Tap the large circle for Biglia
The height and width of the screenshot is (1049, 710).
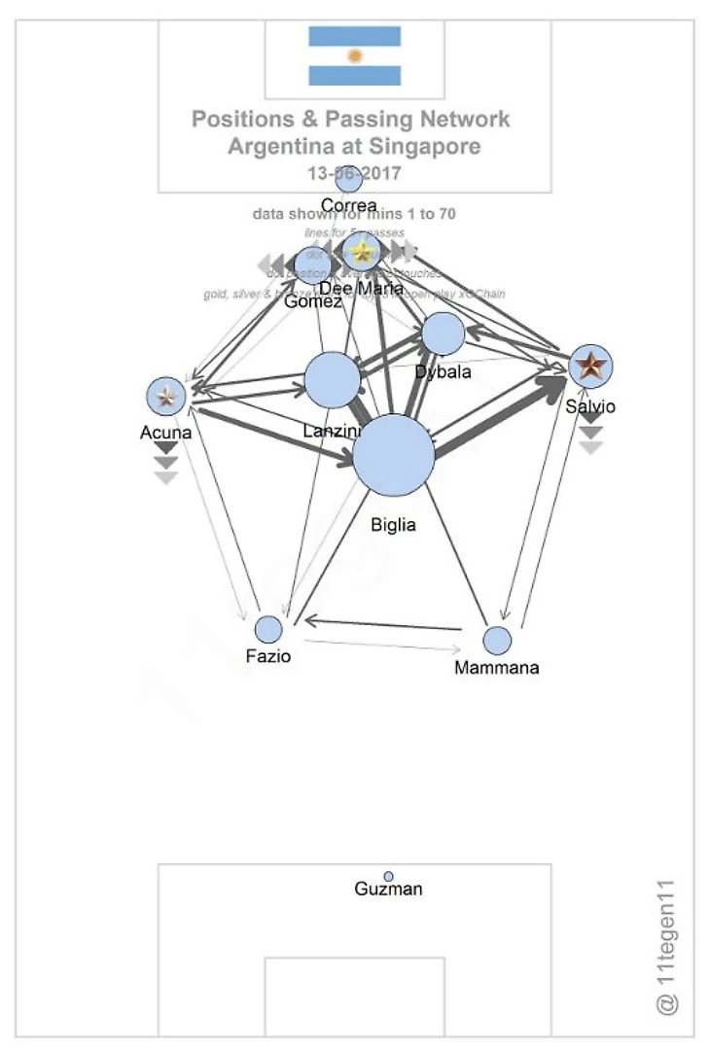coord(393,456)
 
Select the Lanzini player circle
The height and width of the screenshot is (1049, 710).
coord(333,380)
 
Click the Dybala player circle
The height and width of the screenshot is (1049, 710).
coord(444,334)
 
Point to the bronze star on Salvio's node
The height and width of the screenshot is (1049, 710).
coord(590,367)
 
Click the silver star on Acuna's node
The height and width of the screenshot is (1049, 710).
coord(166,396)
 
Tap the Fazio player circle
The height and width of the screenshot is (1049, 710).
coord(268,629)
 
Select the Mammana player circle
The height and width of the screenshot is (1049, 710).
coord(497,640)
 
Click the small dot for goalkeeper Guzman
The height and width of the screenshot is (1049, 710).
coord(389,876)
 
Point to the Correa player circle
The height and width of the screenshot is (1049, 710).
coord(348,180)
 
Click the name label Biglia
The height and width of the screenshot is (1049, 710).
coord(393,525)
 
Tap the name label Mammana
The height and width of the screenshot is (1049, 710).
coord(496,668)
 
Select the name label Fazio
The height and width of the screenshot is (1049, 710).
coord(268,656)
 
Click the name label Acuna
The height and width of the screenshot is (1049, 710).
coord(166,433)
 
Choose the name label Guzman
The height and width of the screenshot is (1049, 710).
coord(389,890)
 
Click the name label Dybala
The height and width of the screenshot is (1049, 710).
coord(443,372)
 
